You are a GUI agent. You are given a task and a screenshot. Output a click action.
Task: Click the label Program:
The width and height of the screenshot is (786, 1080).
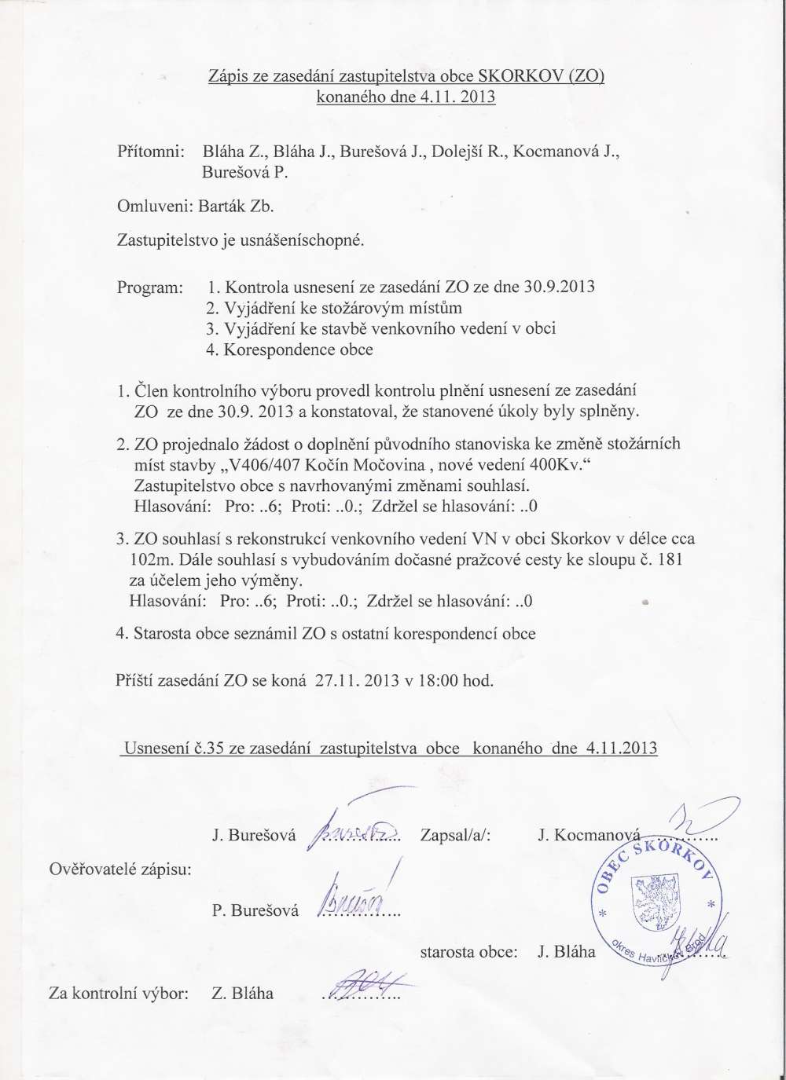[149, 287]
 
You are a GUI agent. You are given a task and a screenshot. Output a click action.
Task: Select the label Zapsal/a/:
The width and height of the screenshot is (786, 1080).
[456, 835]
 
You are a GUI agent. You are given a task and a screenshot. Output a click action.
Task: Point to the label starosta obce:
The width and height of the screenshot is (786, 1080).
[469, 953]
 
